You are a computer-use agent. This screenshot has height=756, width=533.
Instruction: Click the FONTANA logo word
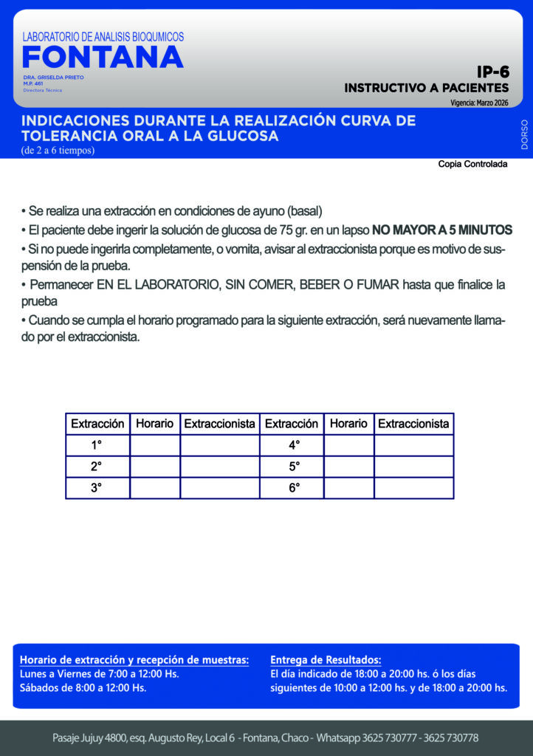(x=103, y=58)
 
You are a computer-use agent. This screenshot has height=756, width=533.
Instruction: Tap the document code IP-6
(x=492, y=72)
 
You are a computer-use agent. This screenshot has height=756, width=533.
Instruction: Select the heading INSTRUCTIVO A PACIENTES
(x=426, y=88)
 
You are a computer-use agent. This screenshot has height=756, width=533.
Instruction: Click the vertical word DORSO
(x=524, y=134)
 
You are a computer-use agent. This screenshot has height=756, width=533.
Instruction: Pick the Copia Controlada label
(x=472, y=164)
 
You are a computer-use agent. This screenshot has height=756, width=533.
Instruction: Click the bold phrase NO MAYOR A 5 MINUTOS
(x=441, y=230)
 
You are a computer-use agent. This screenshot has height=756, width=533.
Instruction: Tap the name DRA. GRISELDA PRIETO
(x=53, y=78)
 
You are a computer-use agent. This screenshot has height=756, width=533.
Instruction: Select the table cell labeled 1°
(x=97, y=445)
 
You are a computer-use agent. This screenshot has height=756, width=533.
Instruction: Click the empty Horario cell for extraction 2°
(x=154, y=467)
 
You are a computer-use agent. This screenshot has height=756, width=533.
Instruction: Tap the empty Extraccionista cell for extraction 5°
(x=413, y=467)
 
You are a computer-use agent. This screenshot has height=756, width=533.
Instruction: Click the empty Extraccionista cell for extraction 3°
(x=219, y=488)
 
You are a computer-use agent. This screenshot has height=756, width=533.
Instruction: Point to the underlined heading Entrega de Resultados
(x=326, y=659)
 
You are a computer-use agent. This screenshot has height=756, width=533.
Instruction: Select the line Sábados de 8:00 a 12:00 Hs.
(x=83, y=688)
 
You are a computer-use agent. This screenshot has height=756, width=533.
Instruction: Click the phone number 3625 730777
(x=399, y=738)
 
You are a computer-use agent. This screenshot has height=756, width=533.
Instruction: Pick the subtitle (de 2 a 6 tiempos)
(x=58, y=151)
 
